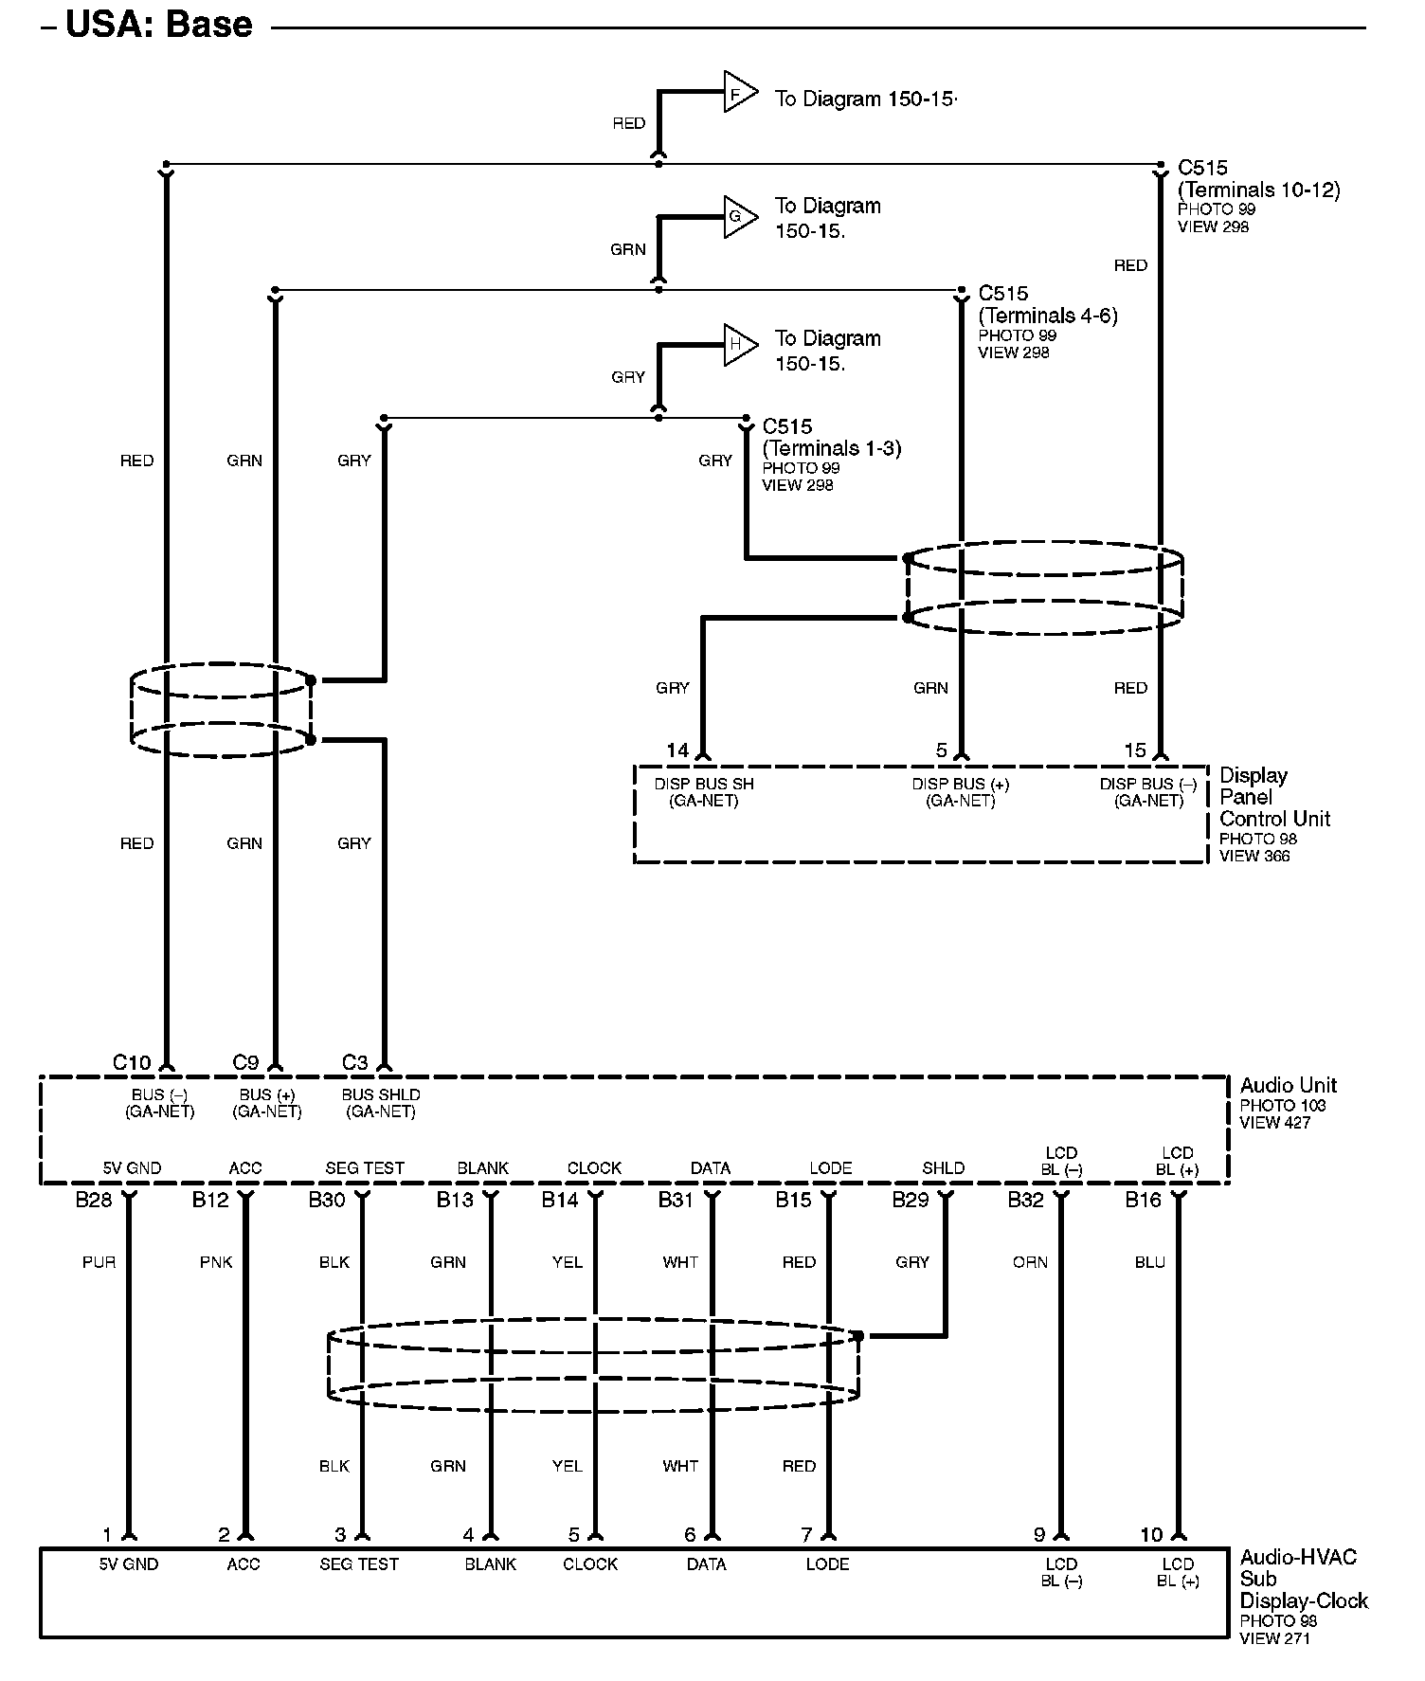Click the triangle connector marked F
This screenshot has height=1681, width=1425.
[739, 92]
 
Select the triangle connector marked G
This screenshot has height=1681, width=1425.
[739, 217]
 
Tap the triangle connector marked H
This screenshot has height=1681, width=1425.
[739, 344]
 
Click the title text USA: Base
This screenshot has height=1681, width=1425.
[158, 25]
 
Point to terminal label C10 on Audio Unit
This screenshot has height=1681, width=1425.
[132, 1062]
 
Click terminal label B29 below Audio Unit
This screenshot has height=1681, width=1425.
[911, 1201]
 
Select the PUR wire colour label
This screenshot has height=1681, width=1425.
[99, 1262]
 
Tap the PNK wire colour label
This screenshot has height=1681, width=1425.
[216, 1262]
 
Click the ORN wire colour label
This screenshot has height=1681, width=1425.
[1030, 1262]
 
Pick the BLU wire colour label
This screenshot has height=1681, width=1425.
[1149, 1262]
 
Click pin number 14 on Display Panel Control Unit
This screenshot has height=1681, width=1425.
[677, 750]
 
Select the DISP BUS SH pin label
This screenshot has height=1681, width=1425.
[704, 785]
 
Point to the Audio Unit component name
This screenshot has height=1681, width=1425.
[1288, 1085]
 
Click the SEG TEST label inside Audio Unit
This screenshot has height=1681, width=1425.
[365, 1168]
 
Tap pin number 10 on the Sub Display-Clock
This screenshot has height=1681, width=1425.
[1151, 1535]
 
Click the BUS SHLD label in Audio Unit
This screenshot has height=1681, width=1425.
[381, 1094]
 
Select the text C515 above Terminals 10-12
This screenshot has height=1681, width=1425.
[1202, 168]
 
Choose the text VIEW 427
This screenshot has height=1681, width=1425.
[1274, 1123]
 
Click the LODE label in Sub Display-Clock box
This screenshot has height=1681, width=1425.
[827, 1564]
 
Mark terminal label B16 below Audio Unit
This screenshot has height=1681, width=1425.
[1143, 1201]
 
